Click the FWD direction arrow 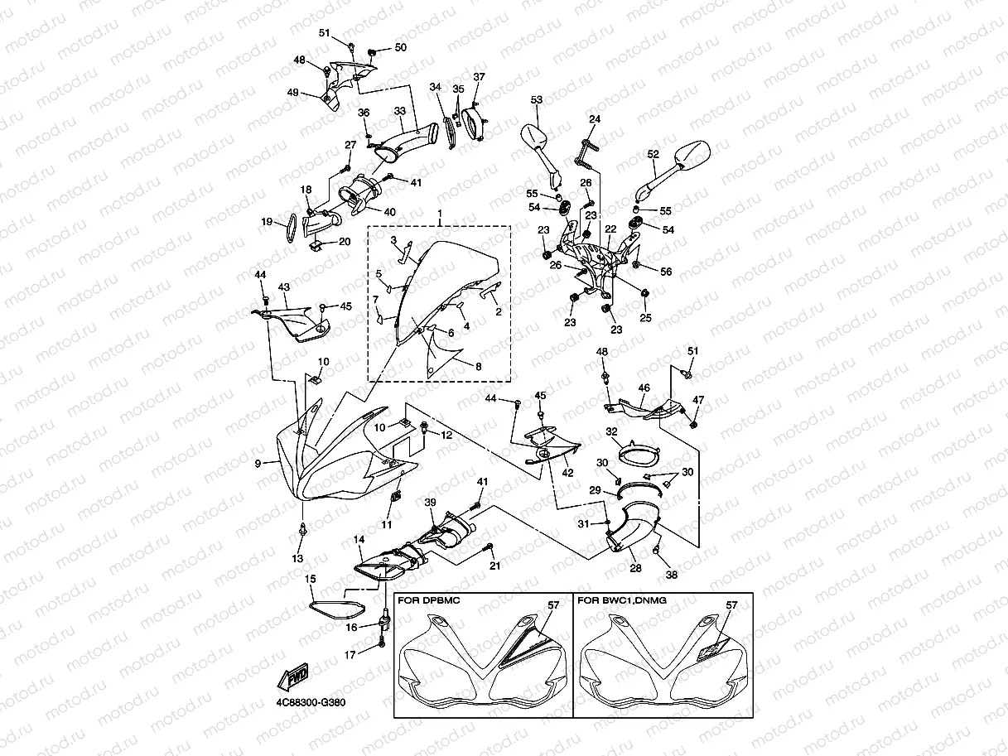coord(292,677)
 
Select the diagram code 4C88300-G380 coord(311,702)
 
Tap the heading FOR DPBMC coord(428,600)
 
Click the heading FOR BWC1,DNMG coord(622,600)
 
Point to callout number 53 coord(537,99)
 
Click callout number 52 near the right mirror coord(653,154)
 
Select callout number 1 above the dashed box coord(440,214)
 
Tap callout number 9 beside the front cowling coord(258,464)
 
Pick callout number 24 coord(595,119)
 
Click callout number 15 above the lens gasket coord(311,579)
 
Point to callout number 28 coord(635,568)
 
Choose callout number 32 coord(612,431)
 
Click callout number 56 coord(666,272)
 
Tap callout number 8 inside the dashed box coord(479,367)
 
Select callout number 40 coord(389,212)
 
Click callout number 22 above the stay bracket coord(610,229)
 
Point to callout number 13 coord(297,558)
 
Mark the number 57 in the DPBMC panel coord(553,605)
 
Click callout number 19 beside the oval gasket coord(267,222)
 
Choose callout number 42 coord(567,473)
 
